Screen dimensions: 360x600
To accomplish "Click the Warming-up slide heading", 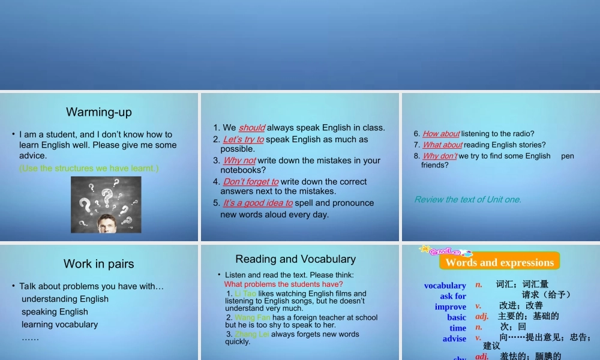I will tap(99, 112).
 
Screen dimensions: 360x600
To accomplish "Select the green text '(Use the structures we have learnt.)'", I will tap(89, 168).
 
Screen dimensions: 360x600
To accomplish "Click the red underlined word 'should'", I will tap(252, 128).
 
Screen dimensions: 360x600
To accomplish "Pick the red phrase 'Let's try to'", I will tap(244, 139).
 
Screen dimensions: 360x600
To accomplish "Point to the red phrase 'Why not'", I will tap(240, 161).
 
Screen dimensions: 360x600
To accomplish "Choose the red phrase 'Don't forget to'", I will tap(251, 182).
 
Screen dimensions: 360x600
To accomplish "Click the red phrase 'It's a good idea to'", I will tap(258, 203).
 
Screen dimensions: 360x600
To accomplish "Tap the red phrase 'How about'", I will tap(441, 134).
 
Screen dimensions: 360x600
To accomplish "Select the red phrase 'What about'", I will tap(442, 145).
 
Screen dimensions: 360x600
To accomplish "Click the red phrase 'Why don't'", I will tap(440, 156).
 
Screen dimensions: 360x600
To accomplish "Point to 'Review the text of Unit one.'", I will tap(468, 200).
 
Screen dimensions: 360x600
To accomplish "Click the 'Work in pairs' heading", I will tap(99, 264).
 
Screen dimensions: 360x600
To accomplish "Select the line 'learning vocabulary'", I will tap(59, 325).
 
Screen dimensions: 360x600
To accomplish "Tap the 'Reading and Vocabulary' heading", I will tap(295, 259).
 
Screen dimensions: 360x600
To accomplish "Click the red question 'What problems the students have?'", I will tap(284, 284).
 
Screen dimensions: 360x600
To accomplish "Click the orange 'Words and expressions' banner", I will tap(499, 262).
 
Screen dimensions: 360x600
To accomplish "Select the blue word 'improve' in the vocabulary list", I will tap(451, 307).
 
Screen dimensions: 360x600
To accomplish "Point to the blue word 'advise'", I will tap(454, 338).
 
